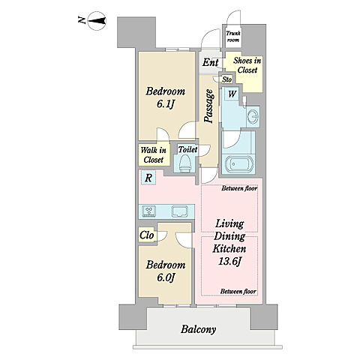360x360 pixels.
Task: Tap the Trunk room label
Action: point(233,37)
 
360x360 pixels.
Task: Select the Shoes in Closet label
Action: point(247,65)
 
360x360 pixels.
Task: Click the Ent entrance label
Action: point(211,62)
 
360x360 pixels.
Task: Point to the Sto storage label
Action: point(227,79)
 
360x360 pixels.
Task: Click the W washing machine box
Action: point(232,94)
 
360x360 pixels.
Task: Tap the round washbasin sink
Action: point(253,116)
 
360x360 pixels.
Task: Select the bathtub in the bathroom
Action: point(239,164)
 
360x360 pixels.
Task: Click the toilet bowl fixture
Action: point(185,163)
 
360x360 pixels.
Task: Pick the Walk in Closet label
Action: point(154,155)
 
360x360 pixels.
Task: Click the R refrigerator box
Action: point(148,178)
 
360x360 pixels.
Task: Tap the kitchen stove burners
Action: point(149,211)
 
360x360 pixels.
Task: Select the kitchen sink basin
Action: point(179,211)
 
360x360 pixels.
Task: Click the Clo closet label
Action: point(147,235)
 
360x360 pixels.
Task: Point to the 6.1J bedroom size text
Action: point(165,104)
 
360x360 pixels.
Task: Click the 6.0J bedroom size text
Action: point(165,277)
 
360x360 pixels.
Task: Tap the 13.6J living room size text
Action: point(229,262)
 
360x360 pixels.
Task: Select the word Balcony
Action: point(198,329)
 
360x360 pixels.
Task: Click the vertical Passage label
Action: point(208,106)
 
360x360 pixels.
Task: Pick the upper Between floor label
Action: point(239,188)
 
